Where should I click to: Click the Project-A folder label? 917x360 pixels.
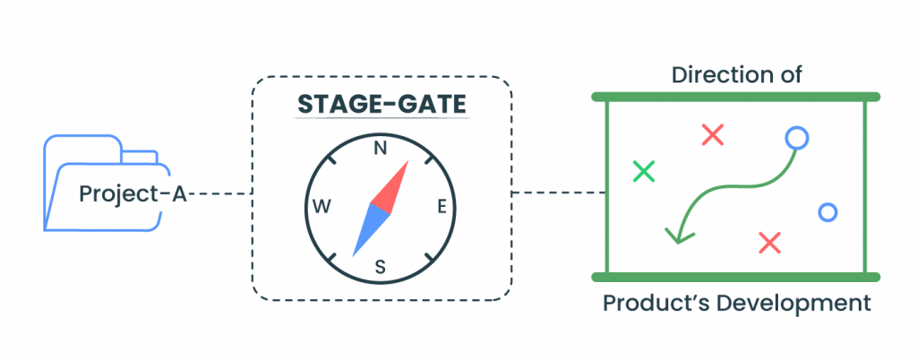coord(133,193)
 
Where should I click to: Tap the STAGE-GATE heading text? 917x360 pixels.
coord(382,106)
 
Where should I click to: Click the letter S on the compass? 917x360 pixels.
coord(380,265)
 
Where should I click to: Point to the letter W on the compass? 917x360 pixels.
coord(321,208)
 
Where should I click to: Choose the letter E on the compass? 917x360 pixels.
coord(441,208)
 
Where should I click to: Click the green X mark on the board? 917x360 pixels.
coord(643,170)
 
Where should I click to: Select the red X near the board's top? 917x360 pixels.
coord(712,135)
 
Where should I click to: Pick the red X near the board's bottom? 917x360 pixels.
coord(769,242)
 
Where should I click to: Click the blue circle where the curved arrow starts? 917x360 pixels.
coord(796,138)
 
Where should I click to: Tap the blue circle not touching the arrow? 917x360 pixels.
coord(827,212)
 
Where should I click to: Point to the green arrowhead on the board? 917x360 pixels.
coord(678,235)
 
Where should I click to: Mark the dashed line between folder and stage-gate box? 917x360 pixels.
coord(219,193)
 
